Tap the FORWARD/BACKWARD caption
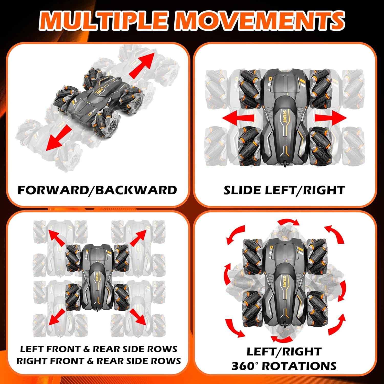(97, 190)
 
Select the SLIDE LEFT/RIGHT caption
(284, 190)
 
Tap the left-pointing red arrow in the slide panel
(238, 118)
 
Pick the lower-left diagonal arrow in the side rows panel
(57, 317)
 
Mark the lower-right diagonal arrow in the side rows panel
(138, 317)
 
